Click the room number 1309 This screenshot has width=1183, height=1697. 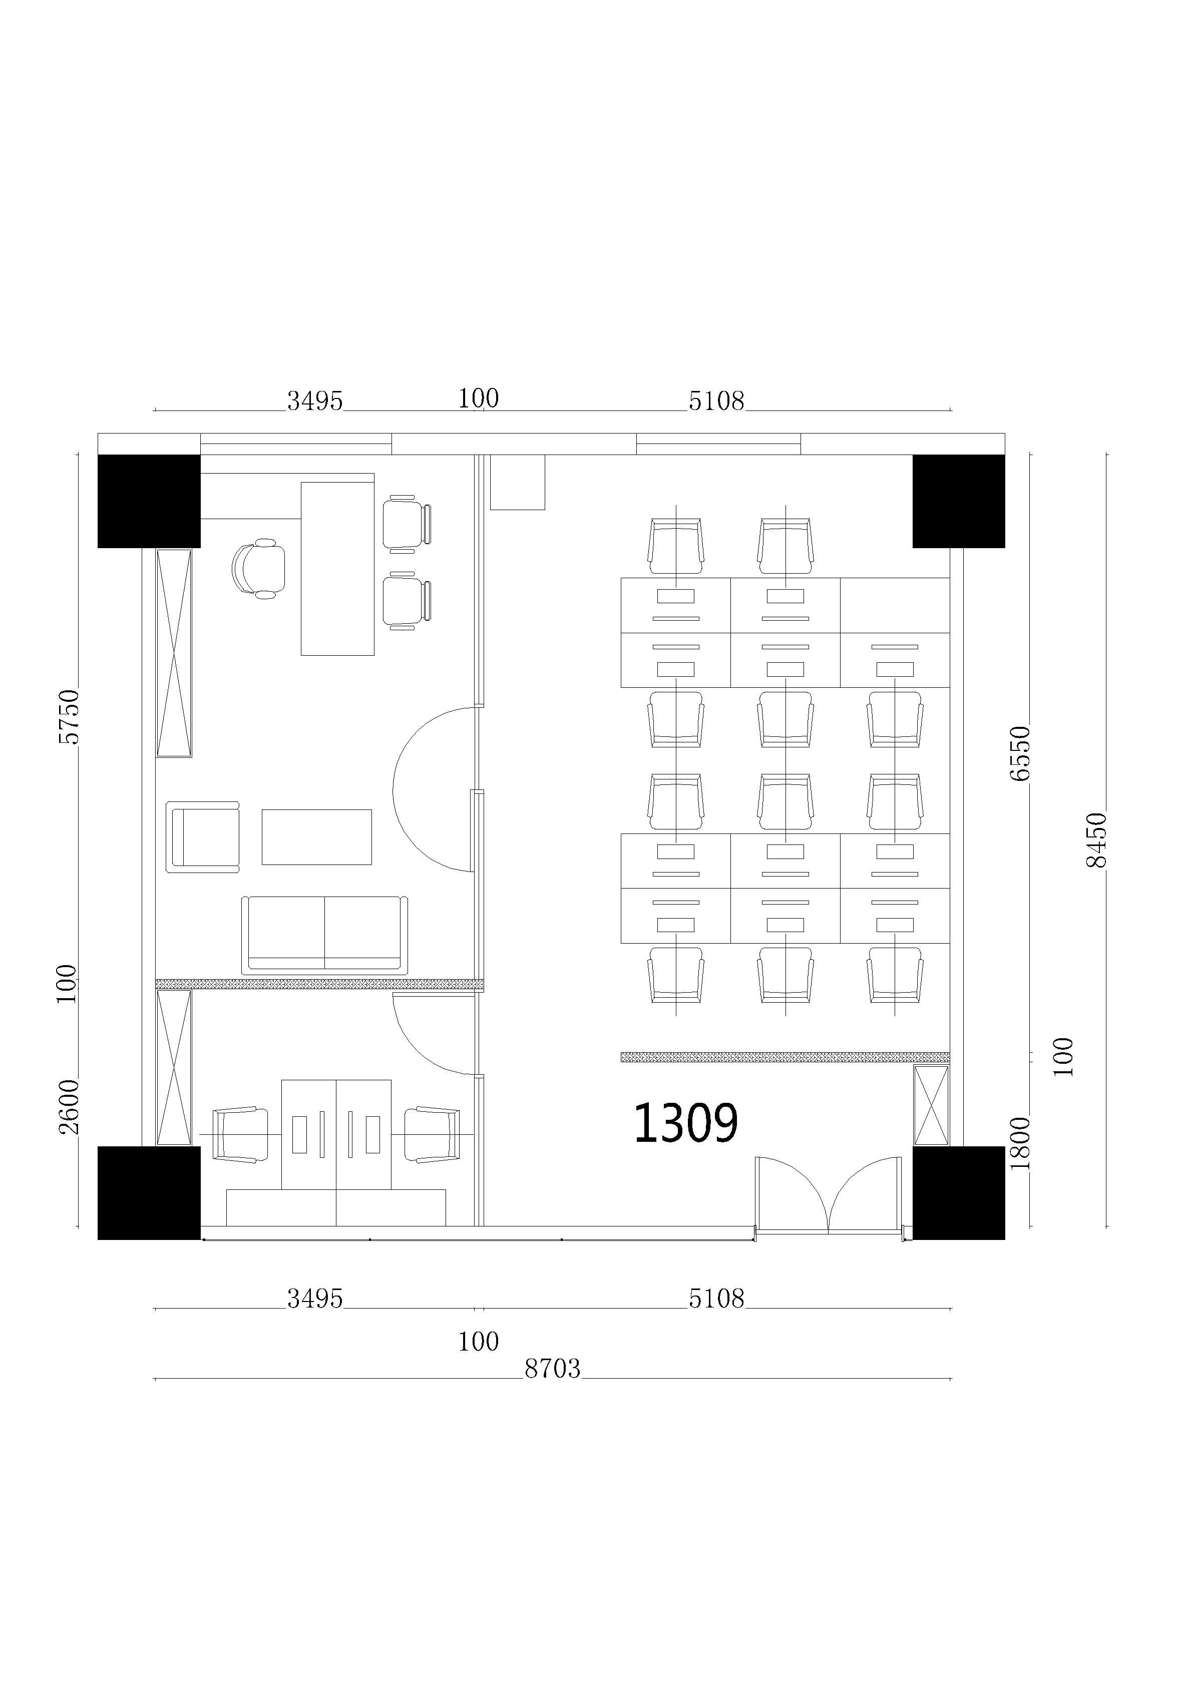685,1123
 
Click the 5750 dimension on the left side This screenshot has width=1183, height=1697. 68,716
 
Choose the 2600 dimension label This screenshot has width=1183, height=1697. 68,1106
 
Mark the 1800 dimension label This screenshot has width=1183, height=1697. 1020,1143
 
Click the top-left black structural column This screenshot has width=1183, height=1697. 149,501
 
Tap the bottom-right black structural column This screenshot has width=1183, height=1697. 958,1193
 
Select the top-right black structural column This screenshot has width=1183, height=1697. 958,501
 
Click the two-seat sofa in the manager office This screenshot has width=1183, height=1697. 324,935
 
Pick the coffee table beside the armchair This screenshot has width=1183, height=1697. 316,836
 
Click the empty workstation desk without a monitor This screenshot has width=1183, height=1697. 895,605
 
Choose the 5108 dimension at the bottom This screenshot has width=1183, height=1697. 716,1299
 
